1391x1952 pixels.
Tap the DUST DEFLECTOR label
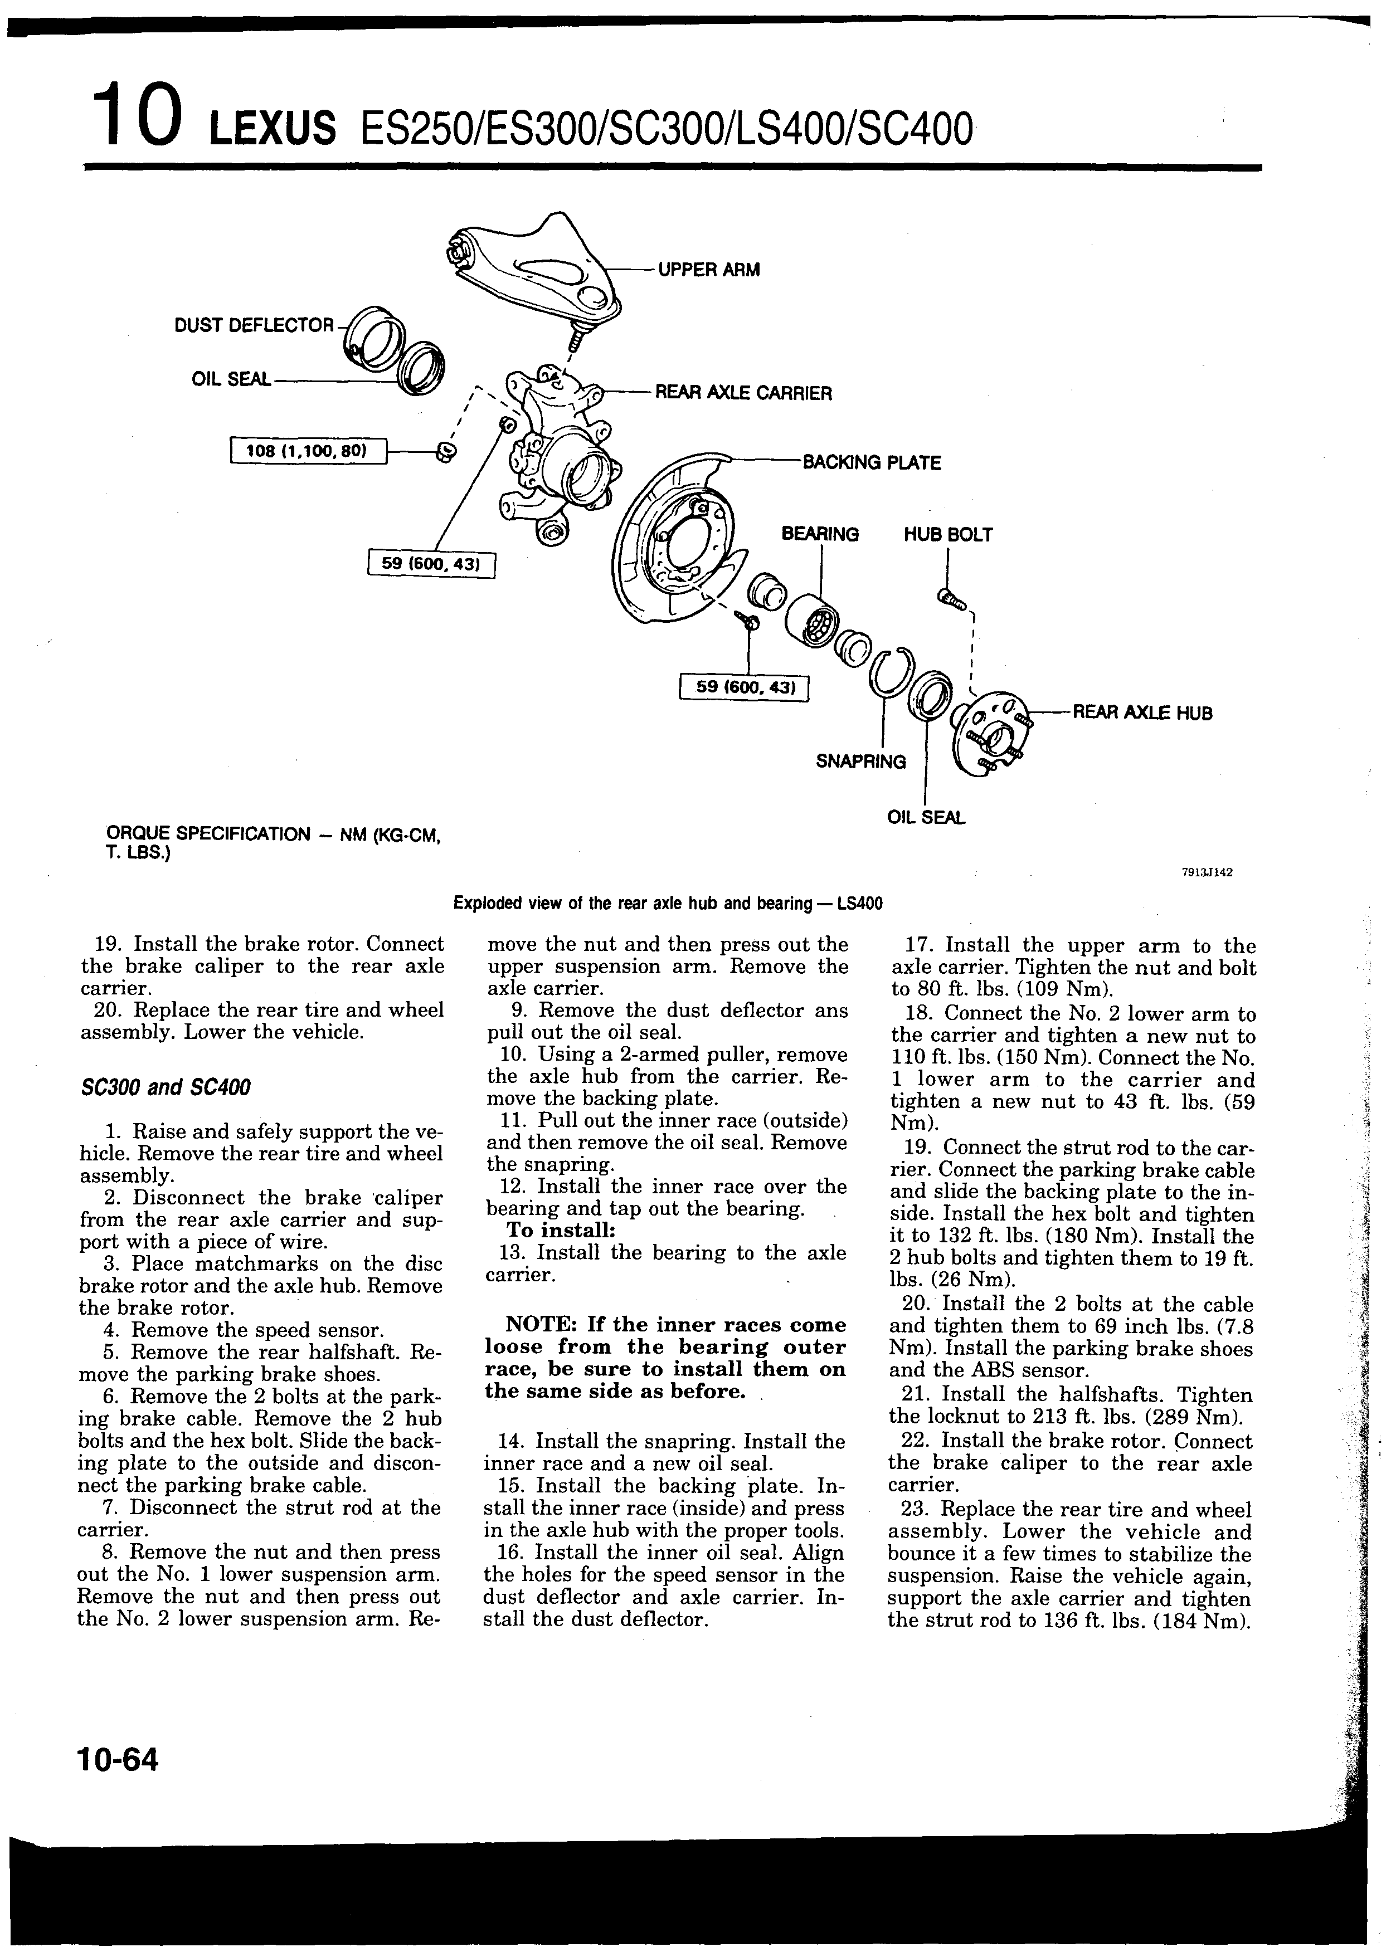tap(254, 325)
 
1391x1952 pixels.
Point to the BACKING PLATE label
tap(870, 463)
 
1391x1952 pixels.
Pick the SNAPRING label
tap(861, 761)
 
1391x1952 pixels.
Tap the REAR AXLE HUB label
tap(1142, 713)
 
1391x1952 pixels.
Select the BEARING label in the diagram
tap(820, 534)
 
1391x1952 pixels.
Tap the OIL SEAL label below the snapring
tap(926, 818)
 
